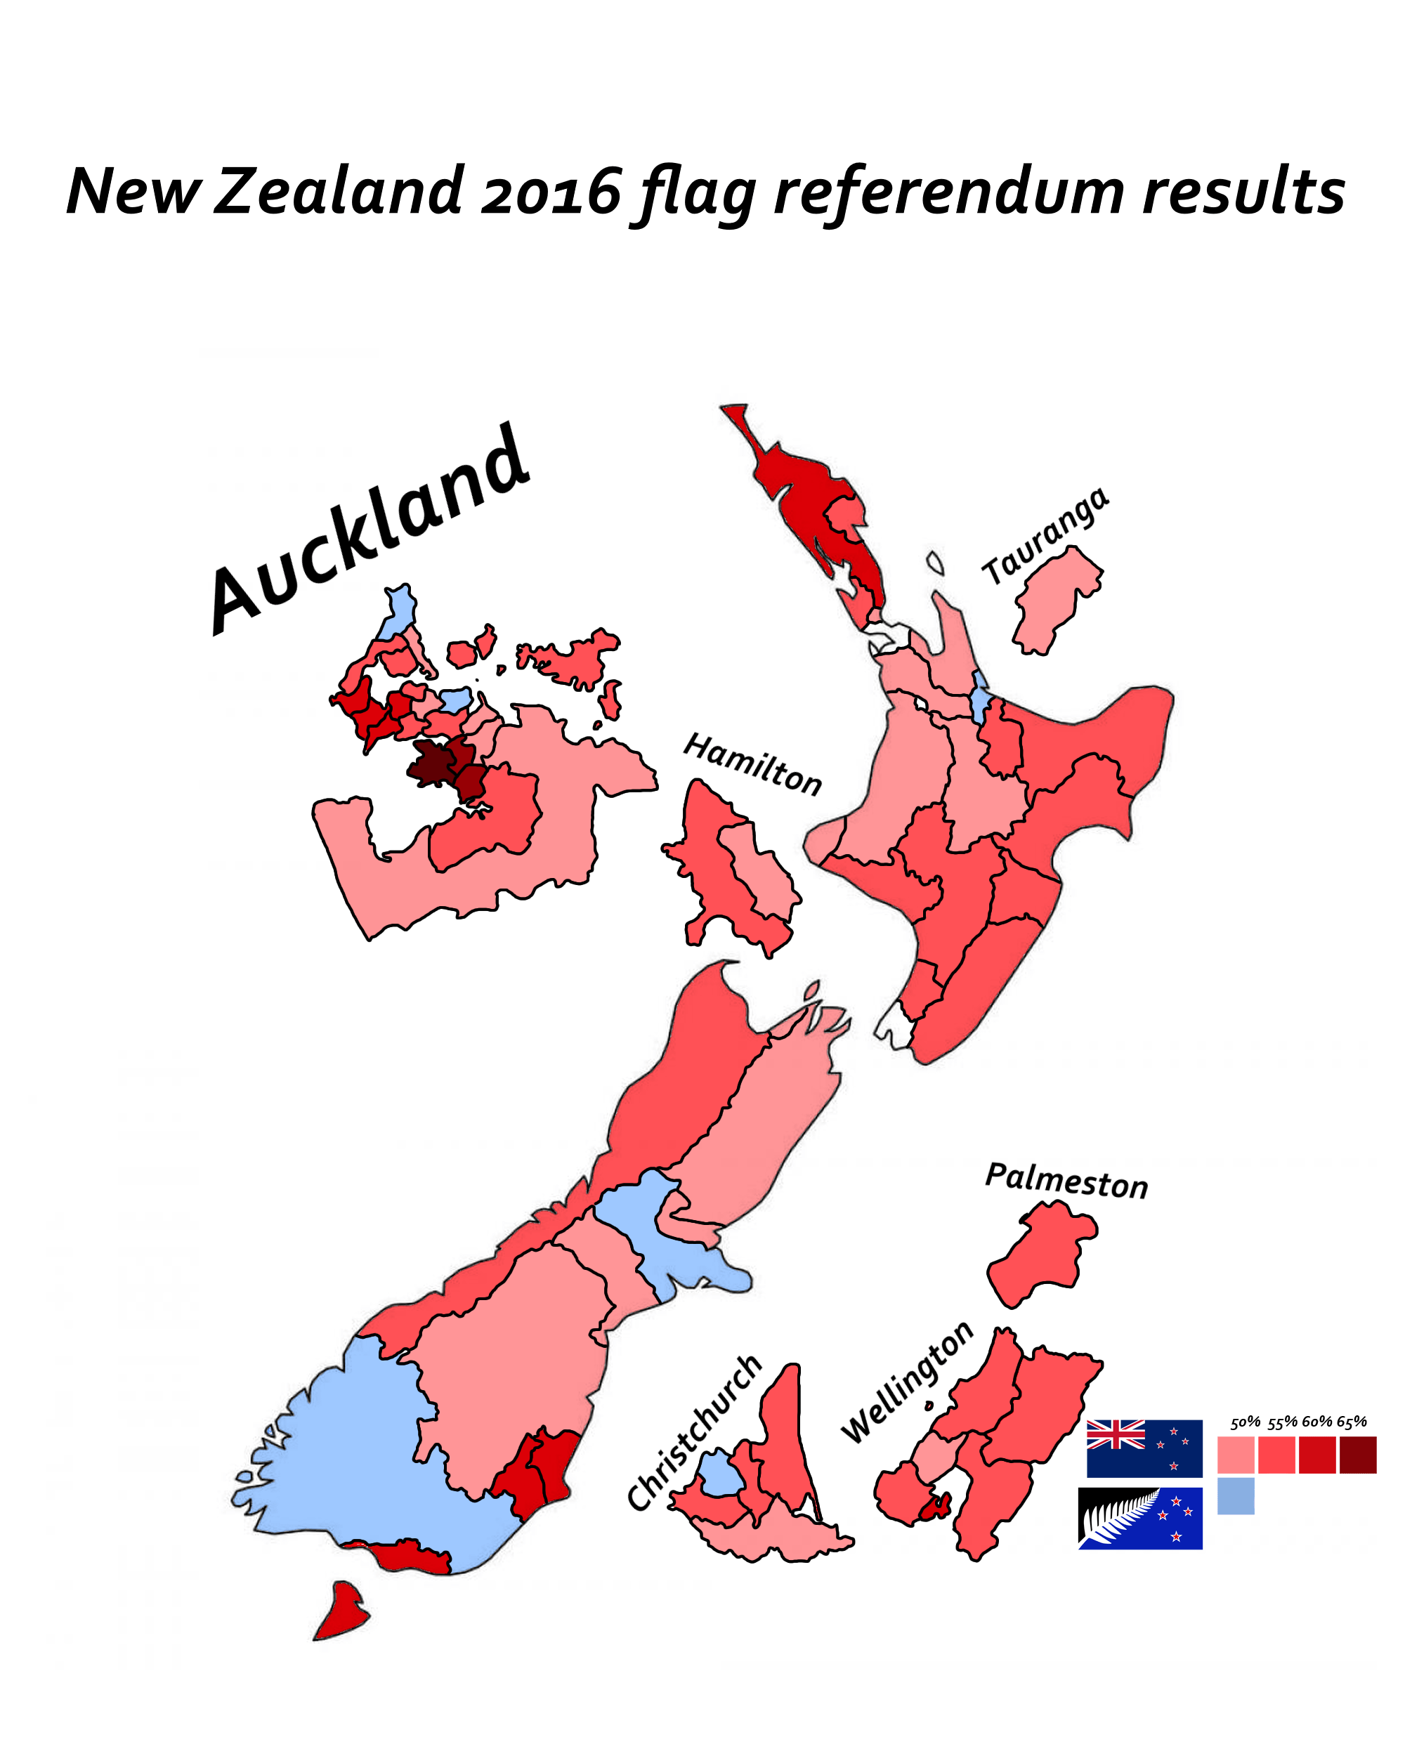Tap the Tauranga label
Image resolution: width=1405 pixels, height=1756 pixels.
click(x=1045, y=535)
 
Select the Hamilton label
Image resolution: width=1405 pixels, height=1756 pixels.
click(x=752, y=764)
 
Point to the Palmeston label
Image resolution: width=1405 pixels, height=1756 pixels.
click(x=1066, y=1180)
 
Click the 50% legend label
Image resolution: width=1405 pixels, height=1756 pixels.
click(x=1245, y=1422)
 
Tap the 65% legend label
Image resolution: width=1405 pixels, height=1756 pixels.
click(x=1351, y=1422)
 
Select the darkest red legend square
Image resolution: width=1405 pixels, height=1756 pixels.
click(x=1358, y=1455)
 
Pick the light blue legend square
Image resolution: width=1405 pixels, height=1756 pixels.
click(x=1236, y=1496)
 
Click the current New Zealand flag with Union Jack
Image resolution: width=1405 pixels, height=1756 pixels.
click(x=1144, y=1448)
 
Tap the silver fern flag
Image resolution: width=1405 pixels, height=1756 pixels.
click(x=1140, y=1518)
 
